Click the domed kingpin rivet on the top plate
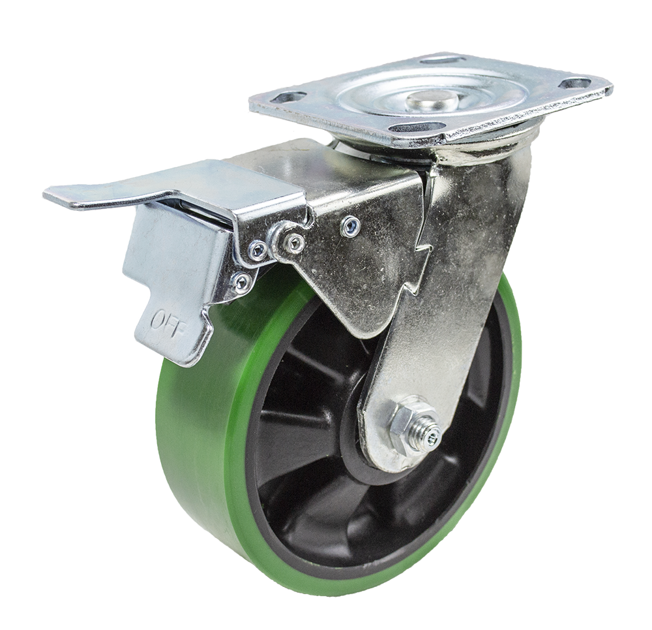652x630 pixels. pos(432,99)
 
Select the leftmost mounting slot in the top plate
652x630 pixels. pos(288,97)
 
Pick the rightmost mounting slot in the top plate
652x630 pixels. pos(574,84)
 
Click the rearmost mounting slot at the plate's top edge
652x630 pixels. pos(443,60)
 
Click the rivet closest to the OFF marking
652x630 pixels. pos(242,282)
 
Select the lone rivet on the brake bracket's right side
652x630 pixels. pos(349,226)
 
